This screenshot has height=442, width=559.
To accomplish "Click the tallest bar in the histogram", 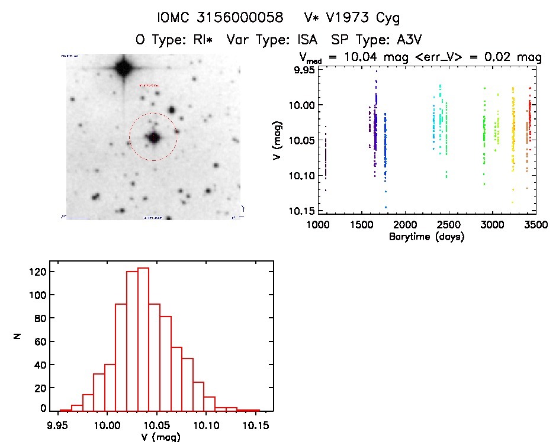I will click(x=143, y=339).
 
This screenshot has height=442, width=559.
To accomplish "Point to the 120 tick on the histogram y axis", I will click(x=37, y=272).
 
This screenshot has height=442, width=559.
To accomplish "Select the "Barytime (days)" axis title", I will click(x=426, y=237).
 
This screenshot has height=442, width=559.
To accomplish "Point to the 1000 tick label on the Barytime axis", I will click(x=318, y=225).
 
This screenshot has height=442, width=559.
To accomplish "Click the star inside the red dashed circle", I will click(x=154, y=137).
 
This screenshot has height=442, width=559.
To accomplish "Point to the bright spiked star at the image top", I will click(x=123, y=68).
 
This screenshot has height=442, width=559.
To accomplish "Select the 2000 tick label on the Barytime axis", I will click(x=405, y=225).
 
